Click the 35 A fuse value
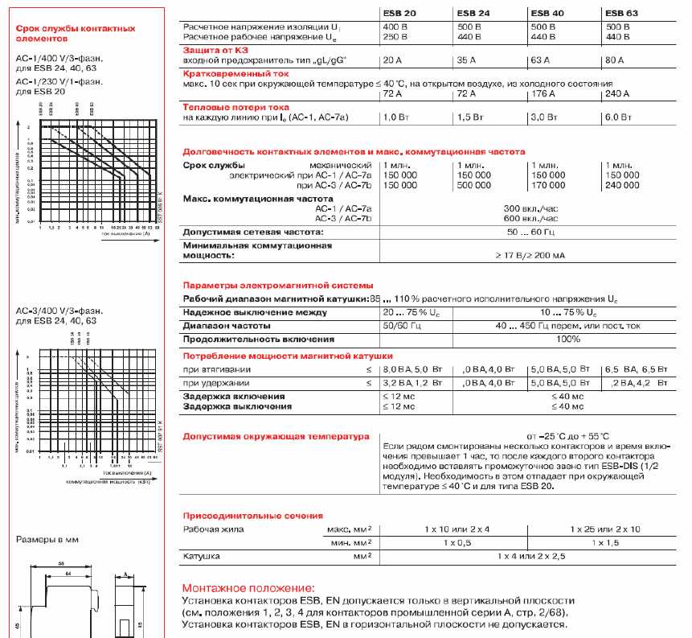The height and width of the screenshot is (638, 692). coord(467,60)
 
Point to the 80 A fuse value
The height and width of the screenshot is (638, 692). coord(613,60)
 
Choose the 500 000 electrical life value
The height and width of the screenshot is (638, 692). coord(474,185)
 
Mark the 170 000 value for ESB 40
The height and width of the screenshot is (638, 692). coord(548,185)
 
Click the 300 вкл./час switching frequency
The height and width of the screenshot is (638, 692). coord(530,208)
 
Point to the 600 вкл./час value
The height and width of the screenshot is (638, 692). coord(530,218)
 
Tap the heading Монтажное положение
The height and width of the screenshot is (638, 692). coord(248,589)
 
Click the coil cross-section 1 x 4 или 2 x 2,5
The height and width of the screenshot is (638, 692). coord(531,556)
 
